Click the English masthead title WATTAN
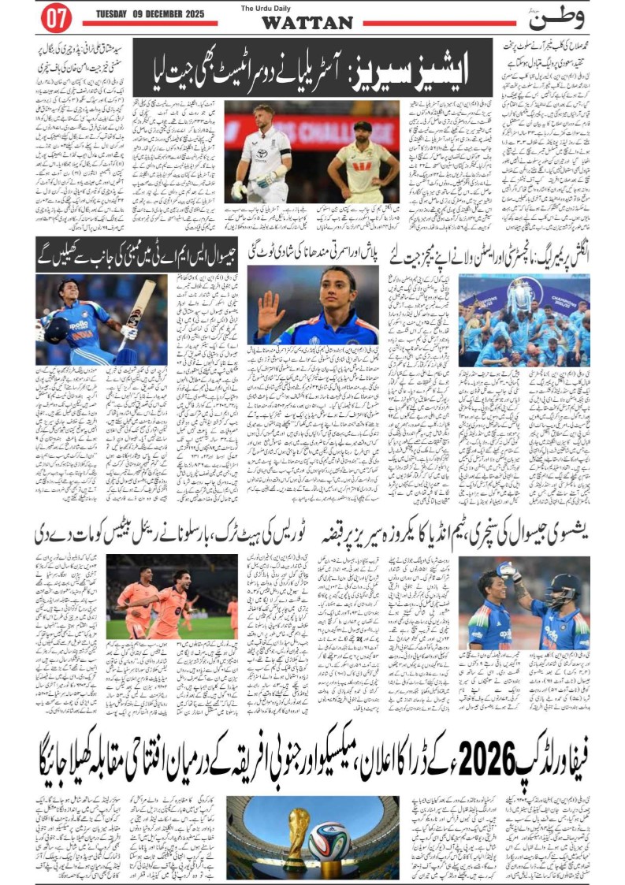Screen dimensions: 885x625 tap(307, 23)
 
